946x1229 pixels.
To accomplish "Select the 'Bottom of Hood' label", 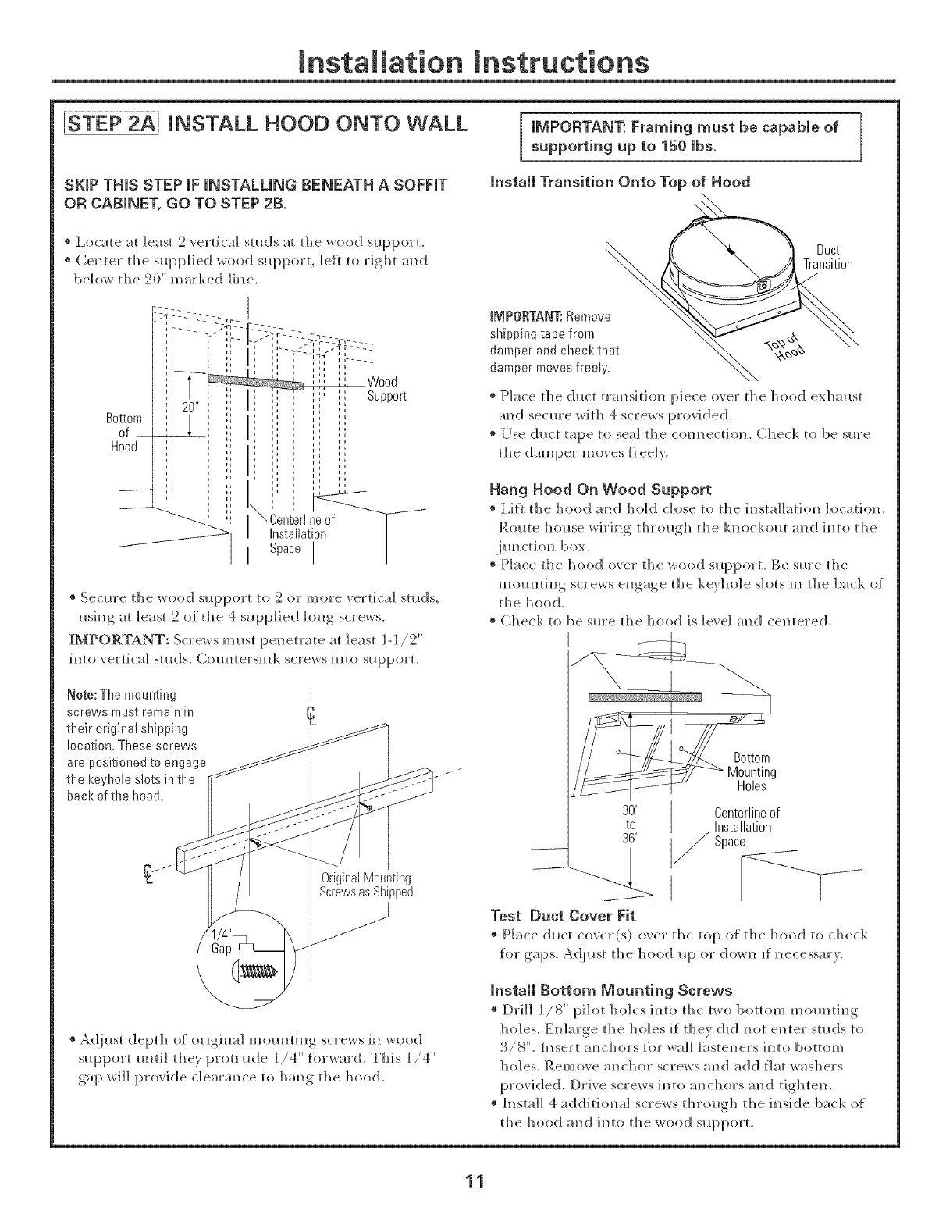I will [x=123, y=433].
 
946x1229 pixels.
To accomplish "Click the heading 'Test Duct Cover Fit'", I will [x=554, y=915].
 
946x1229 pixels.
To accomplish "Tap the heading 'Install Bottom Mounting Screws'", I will [x=610, y=990].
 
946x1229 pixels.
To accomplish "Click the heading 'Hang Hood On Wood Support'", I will [x=599, y=490].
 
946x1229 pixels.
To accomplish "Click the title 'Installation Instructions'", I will [x=474, y=60].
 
